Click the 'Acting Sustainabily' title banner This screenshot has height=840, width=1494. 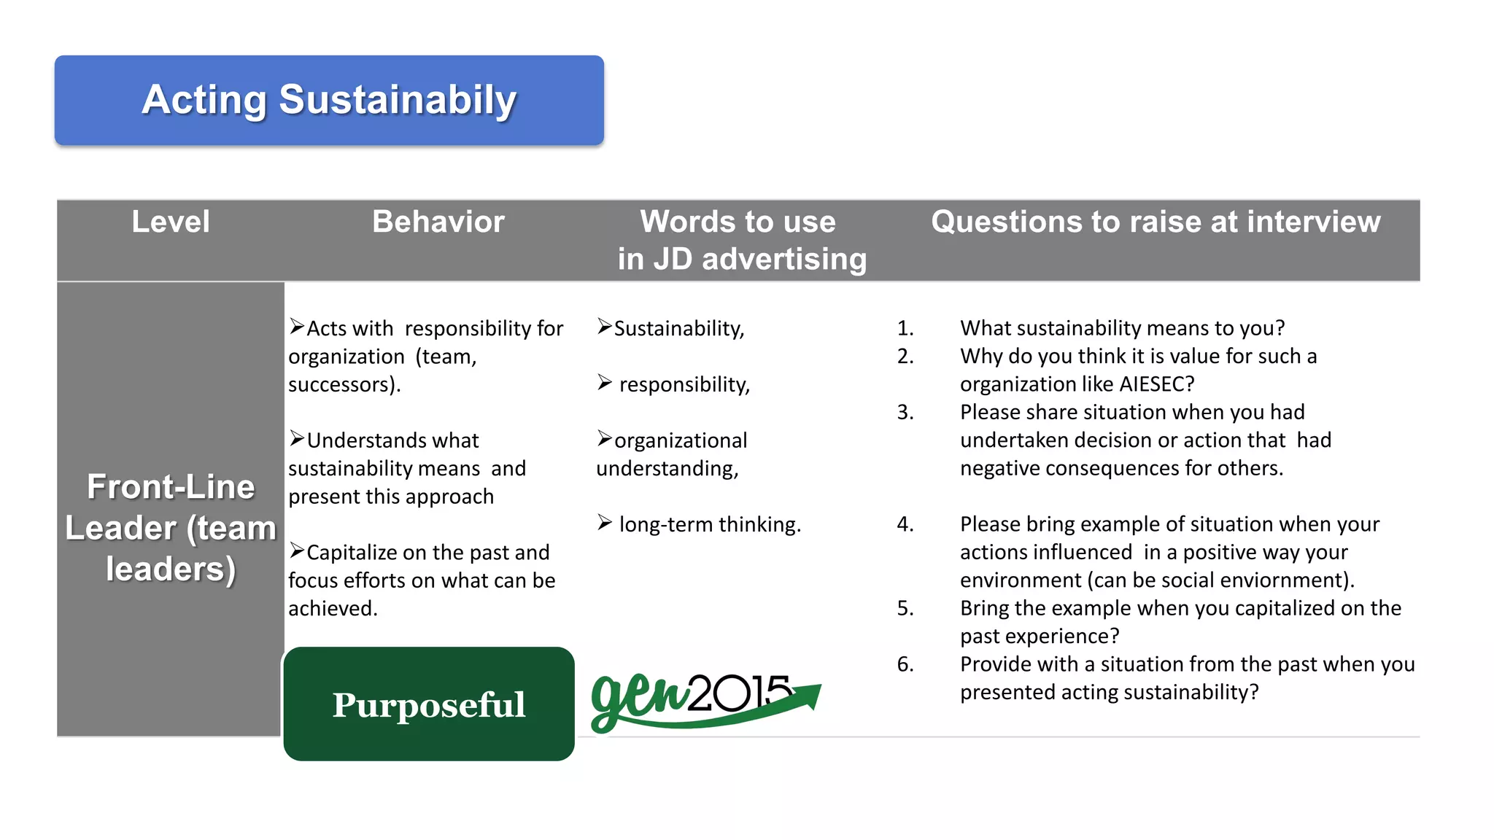point(329,101)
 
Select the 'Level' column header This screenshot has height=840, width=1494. point(171,222)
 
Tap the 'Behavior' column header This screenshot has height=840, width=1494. point(438,222)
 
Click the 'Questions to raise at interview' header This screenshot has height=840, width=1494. point(1156,222)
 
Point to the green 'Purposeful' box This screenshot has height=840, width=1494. point(429,704)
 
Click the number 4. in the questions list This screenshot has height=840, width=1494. point(905,524)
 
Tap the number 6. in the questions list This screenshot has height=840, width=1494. point(905,664)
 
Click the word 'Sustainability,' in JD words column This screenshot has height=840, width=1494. point(678,329)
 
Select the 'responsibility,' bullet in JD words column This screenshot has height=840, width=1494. point(684,384)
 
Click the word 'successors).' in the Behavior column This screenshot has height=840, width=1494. point(344,384)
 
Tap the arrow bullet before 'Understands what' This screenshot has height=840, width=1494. point(296,438)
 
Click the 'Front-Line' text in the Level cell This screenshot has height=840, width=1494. point(171,486)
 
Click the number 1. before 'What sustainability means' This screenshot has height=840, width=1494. point(905,328)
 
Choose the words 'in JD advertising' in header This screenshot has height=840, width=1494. point(742,260)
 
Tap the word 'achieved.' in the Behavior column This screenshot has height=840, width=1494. point(333,609)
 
